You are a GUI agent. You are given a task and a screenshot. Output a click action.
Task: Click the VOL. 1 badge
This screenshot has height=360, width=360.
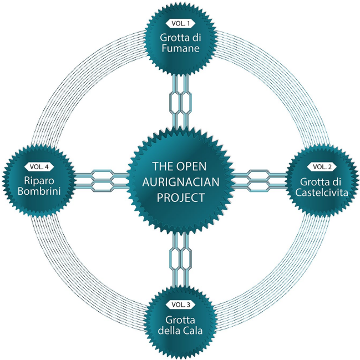[179, 24]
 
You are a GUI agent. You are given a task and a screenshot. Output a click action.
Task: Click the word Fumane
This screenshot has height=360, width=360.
[179, 48]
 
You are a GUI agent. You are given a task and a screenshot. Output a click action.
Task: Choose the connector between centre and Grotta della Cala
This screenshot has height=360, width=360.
[179, 257]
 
